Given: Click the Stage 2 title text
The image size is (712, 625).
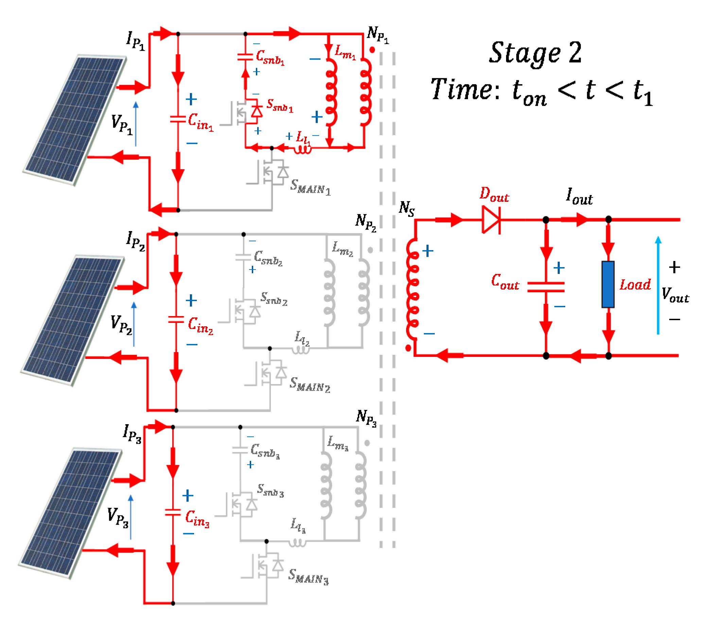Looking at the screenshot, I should [x=535, y=53].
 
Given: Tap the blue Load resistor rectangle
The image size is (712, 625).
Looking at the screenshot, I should [x=608, y=284].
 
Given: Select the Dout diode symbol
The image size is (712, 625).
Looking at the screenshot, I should [x=491, y=220].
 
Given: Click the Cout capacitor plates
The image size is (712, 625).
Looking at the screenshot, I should [x=545, y=287].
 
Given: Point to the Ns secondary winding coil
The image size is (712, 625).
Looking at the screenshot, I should [x=413, y=289].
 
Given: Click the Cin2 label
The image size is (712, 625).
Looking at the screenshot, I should [x=200, y=326].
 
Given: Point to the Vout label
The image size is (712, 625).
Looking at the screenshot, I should [x=675, y=295].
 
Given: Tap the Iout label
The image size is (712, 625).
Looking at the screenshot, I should [x=579, y=197].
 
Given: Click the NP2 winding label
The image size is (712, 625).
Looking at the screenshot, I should [x=366, y=222].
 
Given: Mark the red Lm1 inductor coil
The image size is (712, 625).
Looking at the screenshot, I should [x=331, y=92].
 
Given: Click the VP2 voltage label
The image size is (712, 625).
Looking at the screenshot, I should [x=121, y=325].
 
